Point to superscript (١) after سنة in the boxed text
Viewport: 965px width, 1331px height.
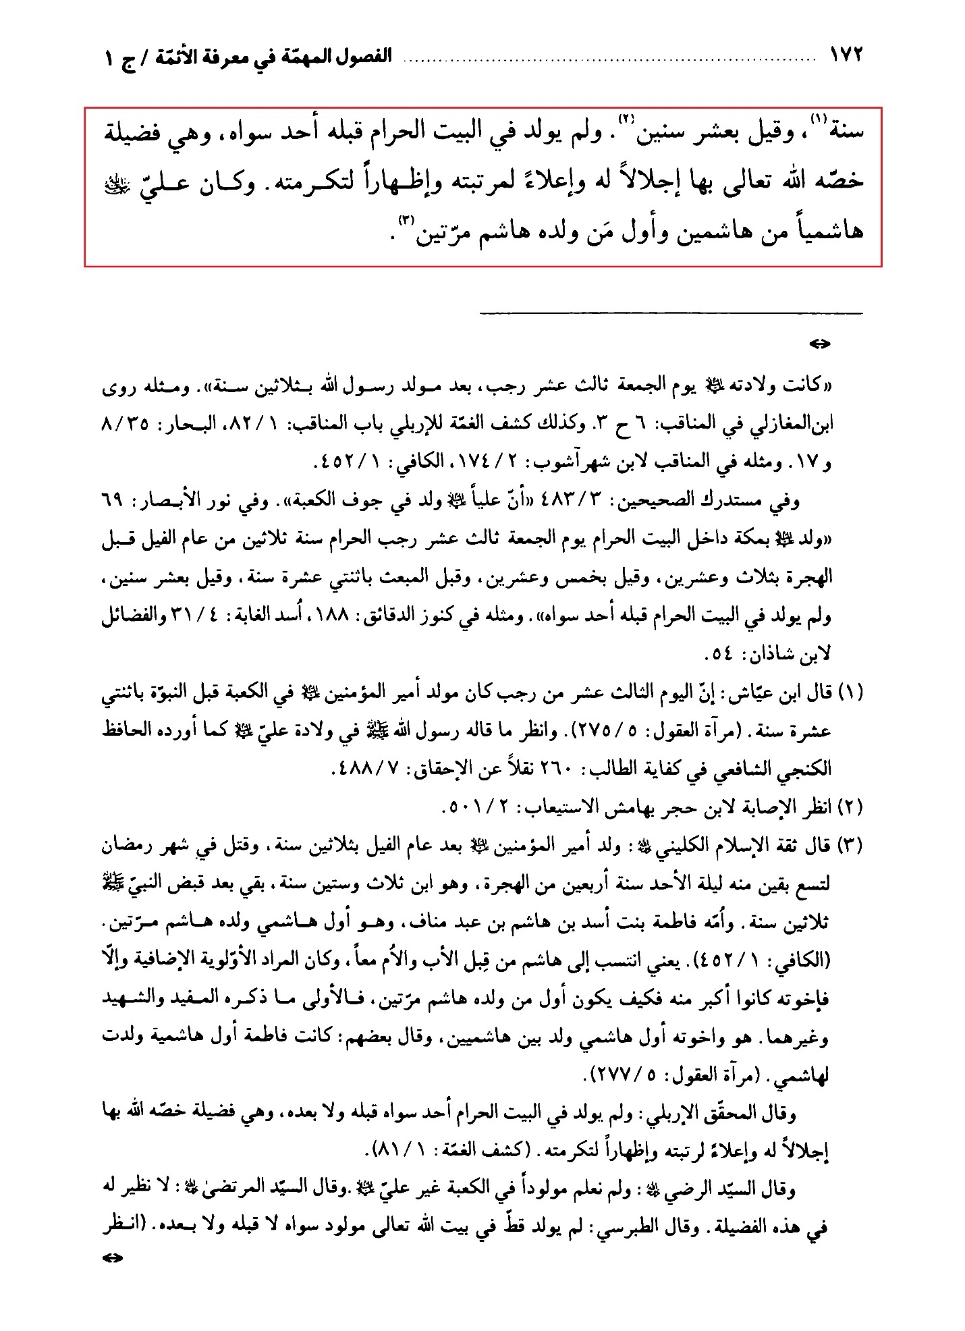pos(818,120)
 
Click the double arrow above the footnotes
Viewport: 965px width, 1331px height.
pos(819,344)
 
